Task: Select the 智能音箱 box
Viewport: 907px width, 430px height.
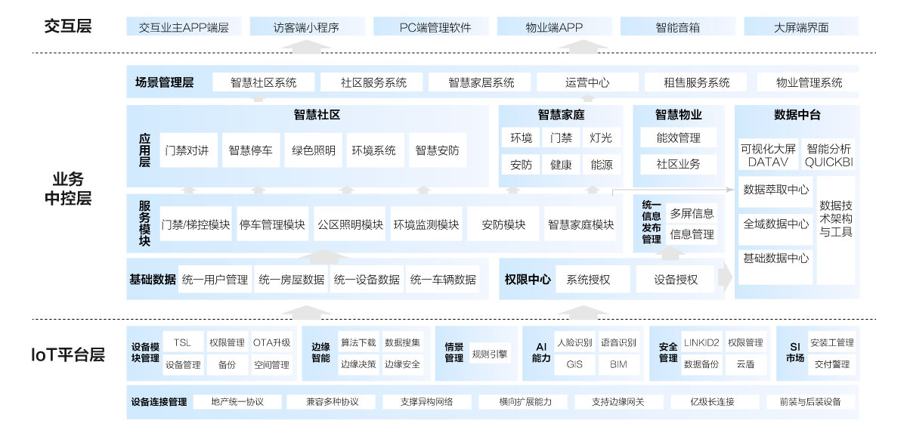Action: (x=678, y=27)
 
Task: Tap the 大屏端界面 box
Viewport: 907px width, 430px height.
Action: (x=801, y=27)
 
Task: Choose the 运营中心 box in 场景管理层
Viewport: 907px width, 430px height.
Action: (x=587, y=82)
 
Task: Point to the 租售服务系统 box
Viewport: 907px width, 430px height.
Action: (x=696, y=82)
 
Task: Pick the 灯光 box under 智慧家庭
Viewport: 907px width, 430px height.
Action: (x=602, y=138)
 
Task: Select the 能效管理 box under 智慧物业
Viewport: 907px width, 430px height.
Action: (x=678, y=138)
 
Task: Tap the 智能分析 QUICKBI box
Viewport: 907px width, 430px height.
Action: (x=828, y=155)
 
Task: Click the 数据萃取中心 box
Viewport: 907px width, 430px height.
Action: (x=775, y=190)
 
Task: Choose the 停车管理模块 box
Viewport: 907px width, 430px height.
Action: (x=272, y=224)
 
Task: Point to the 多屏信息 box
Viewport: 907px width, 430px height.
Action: (x=692, y=214)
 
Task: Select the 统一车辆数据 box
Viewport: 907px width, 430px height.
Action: (x=443, y=280)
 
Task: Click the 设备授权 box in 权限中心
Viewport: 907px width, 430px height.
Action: (x=676, y=280)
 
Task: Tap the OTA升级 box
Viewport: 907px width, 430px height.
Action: (x=271, y=342)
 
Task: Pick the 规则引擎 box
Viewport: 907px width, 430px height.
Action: (x=489, y=353)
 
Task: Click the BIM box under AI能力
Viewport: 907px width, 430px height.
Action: (x=618, y=364)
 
